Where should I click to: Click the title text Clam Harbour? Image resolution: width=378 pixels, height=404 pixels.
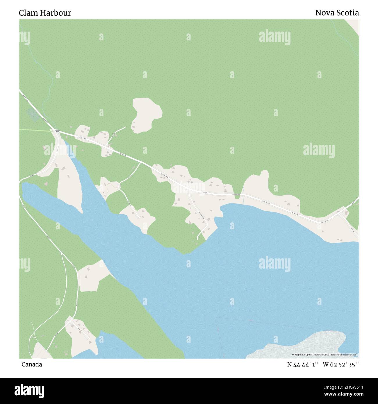coord(45,13)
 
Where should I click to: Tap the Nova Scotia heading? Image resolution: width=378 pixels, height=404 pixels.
coord(337,13)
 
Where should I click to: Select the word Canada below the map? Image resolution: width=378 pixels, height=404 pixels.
coord(31,364)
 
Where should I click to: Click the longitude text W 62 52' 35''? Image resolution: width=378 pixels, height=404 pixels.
coord(340,364)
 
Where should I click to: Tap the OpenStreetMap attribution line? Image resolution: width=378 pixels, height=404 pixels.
coord(325,355)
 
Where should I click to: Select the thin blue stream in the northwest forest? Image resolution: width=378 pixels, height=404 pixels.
coord(38,73)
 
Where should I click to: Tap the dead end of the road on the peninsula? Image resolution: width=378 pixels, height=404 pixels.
coord(198,239)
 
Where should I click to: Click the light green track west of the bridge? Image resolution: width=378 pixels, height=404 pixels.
coord(35,131)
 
